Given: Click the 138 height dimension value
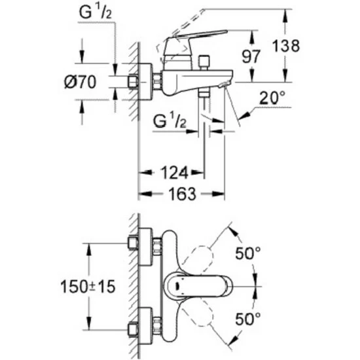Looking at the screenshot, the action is tap(286, 46).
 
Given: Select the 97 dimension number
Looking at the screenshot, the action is tap(251, 56).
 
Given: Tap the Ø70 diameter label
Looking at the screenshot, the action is tap(80, 82).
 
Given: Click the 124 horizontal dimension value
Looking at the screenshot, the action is tap(175, 173).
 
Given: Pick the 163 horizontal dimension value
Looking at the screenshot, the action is tap(183, 194).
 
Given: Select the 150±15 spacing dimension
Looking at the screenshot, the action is tap(88, 287).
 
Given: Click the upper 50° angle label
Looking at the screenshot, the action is tap(248, 253).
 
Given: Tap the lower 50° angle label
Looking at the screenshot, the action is tap(248, 319).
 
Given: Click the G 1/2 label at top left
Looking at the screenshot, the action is tap(96, 12).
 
